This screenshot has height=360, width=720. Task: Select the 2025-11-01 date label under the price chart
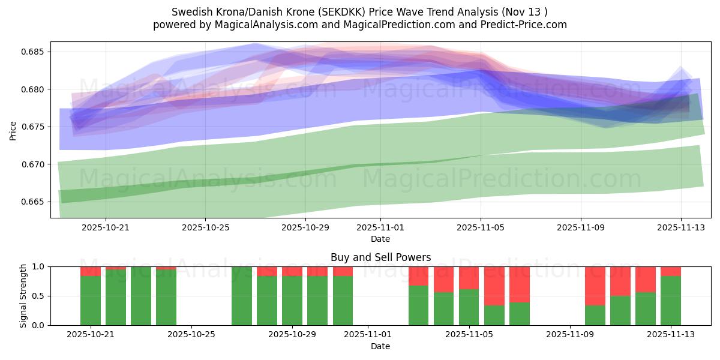(380, 228)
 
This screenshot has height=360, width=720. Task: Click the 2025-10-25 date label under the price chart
(206, 228)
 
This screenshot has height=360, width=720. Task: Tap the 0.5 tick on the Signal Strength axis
(38, 296)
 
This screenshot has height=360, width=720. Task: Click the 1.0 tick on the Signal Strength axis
(38, 266)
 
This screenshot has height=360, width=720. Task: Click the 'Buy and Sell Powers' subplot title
(380, 257)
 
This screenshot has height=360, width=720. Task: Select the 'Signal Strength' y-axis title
(23, 296)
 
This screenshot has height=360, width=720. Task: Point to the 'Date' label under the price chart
(380, 239)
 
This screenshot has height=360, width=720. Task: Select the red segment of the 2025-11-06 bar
(494, 286)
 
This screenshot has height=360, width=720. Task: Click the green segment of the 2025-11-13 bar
(671, 301)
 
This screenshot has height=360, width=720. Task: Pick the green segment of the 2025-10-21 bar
(91, 301)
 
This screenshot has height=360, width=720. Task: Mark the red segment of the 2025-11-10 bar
(595, 286)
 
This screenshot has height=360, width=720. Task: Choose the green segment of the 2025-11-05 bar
(469, 307)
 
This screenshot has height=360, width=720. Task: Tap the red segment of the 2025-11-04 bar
(444, 279)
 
